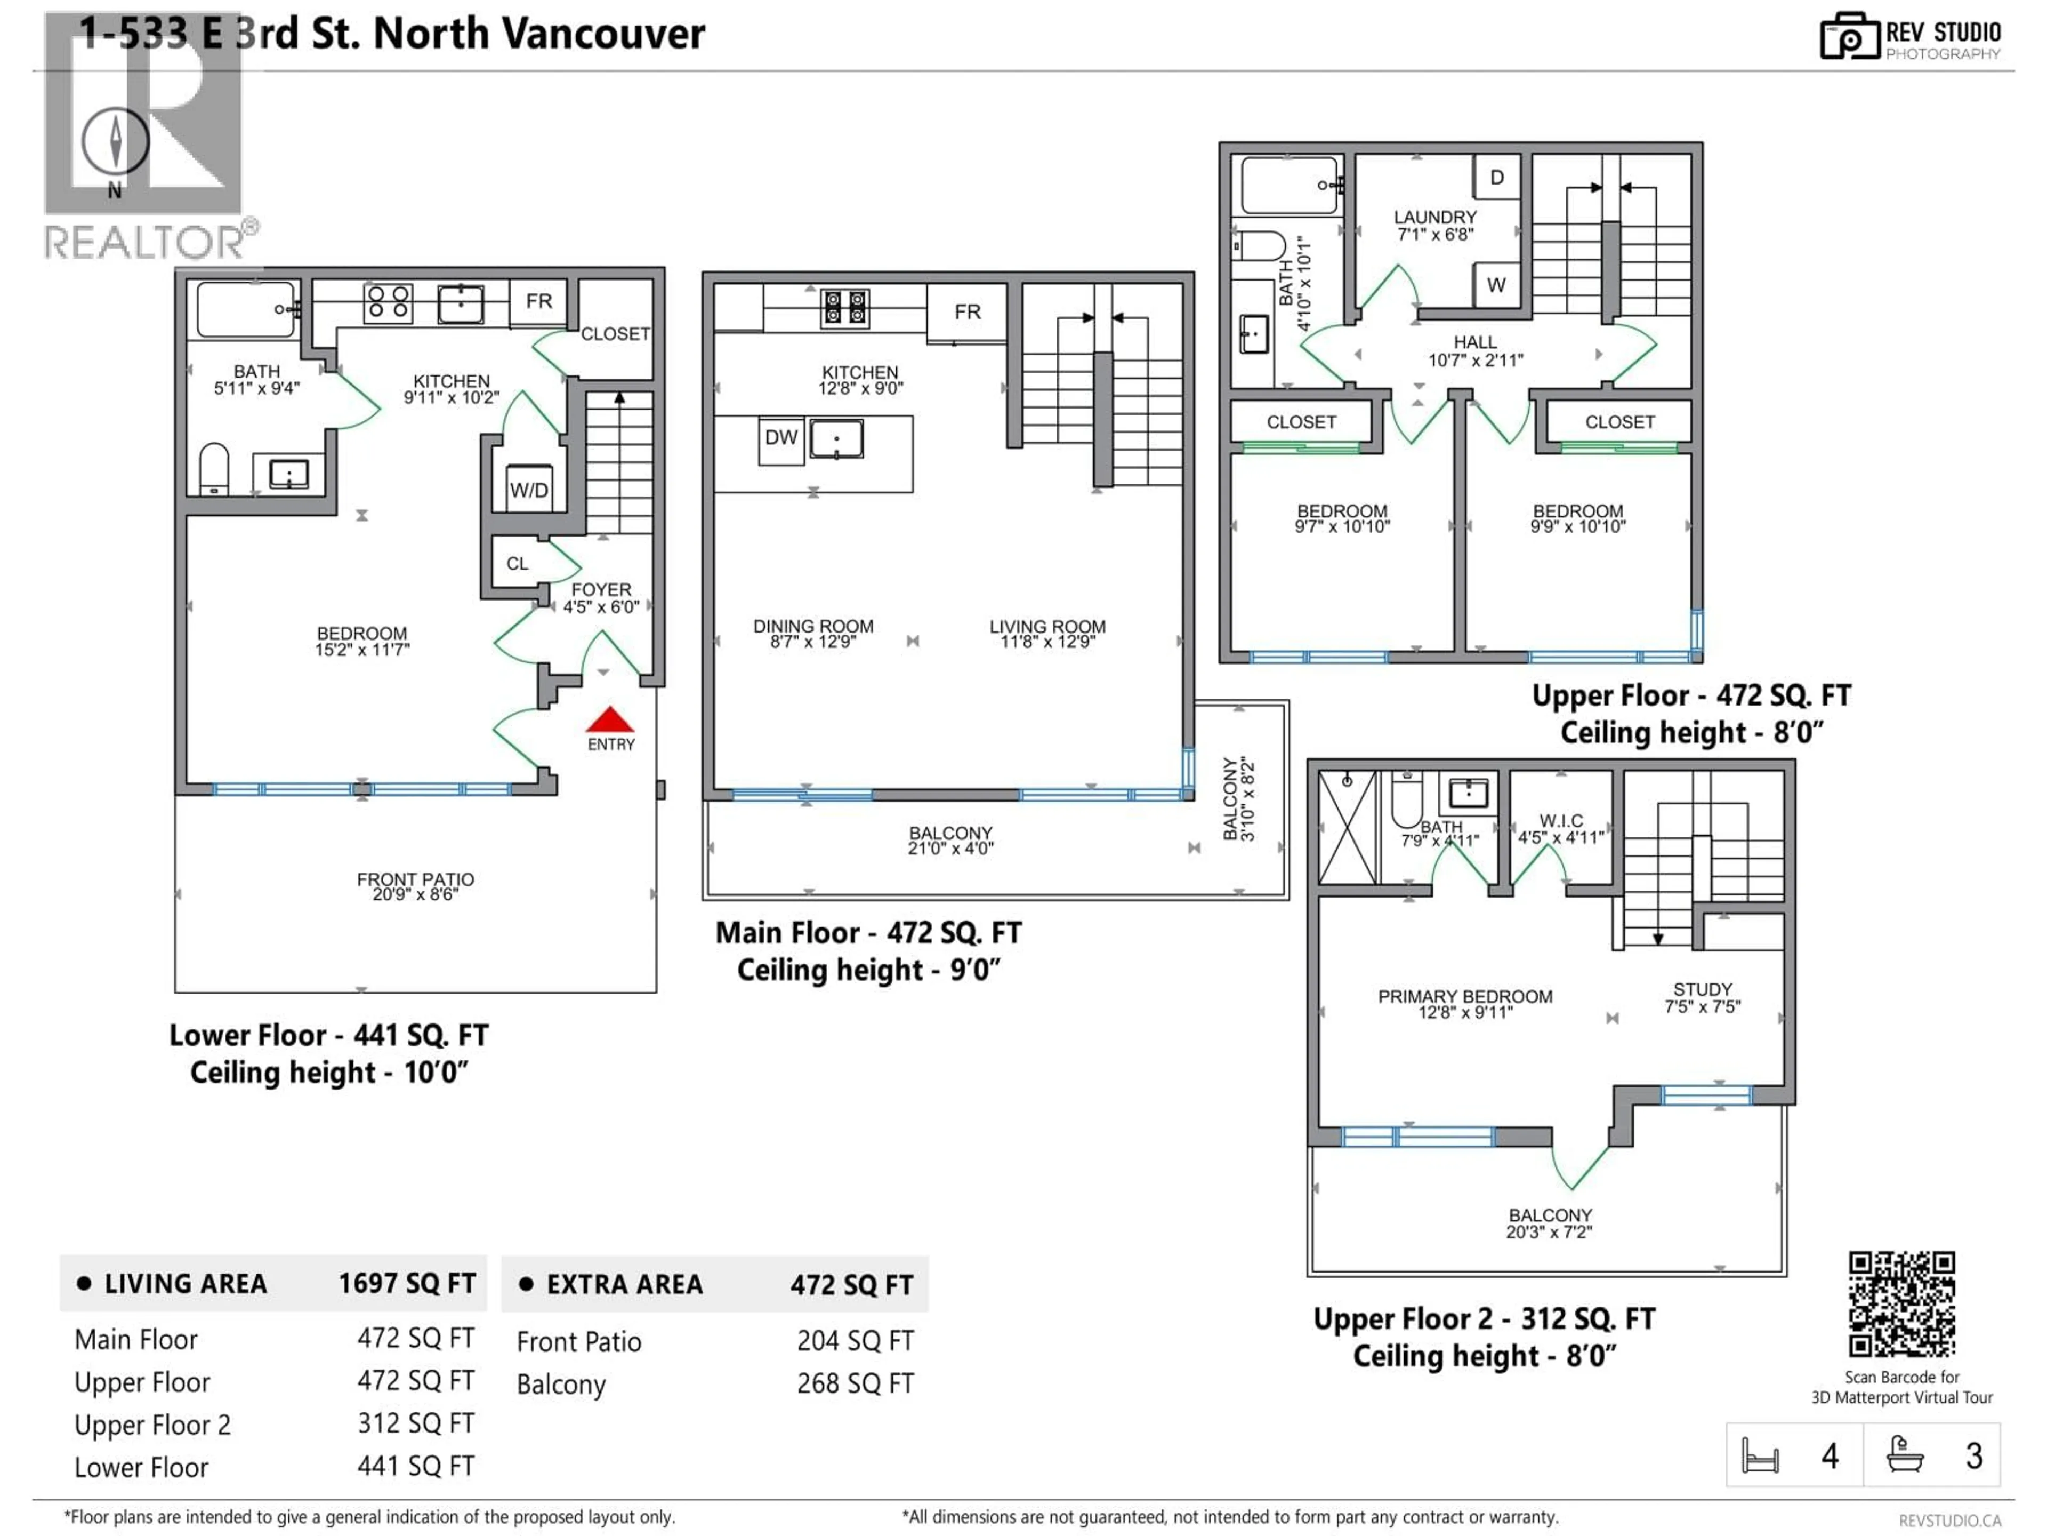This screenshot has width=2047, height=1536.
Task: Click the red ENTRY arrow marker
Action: click(610, 721)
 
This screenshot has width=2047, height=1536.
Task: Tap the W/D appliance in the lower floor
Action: click(529, 489)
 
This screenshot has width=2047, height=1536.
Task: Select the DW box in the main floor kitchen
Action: click(781, 438)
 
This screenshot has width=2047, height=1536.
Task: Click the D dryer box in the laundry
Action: click(1496, 177)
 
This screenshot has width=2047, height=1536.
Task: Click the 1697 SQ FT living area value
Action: click(407, 1283)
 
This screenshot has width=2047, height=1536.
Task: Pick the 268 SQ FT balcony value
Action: click(855, 1383)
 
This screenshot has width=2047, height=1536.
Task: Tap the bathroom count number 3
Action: click(1974, 1457)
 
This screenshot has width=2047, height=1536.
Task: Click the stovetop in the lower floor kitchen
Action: click(388, 302)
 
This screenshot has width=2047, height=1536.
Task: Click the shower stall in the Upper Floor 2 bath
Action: click(1348, 827)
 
